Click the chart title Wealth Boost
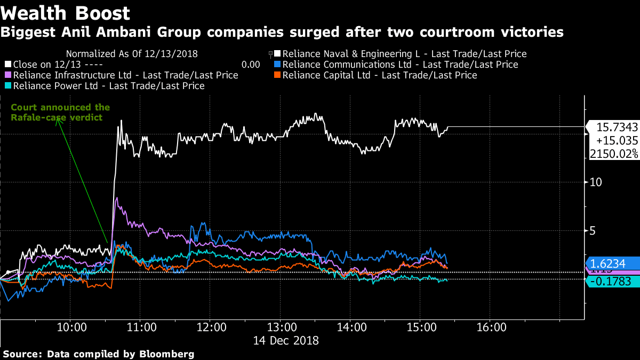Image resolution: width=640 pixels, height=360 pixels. point(65,13)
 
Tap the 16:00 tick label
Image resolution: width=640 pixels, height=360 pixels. point(491,326)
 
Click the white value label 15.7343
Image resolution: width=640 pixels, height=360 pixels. point(617,127)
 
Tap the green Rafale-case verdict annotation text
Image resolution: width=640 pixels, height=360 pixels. point(60,113)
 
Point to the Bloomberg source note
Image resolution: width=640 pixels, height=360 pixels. point(98,354)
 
